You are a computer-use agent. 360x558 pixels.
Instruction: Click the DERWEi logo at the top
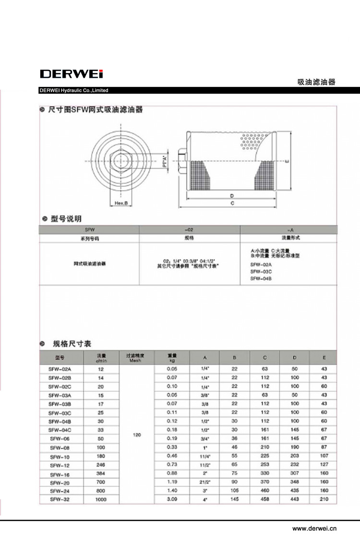click(x=72, y=74)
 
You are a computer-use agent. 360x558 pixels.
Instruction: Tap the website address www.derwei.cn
click(x=314, y=528)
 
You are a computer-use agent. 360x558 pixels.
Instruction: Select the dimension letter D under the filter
click(x=231, y=196)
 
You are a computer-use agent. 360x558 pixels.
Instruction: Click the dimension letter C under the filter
click(x=232, y=204)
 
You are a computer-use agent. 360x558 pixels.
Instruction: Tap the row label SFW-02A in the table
click(x=60, y=369)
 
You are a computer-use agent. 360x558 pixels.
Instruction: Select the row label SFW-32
click(x=60, y=499)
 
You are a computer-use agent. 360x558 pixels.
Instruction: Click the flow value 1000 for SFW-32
click(x=101, y=499)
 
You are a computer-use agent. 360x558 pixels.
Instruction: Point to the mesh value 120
click(x=137, y=435)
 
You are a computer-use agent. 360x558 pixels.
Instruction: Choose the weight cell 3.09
click(x=172, y=499)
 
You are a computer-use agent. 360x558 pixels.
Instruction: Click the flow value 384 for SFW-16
click(x=101, y=473)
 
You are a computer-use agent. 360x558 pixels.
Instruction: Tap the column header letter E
click(x=324, y=358)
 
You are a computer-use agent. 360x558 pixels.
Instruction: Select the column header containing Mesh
click(x=137, y=358)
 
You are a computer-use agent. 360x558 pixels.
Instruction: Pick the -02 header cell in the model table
click(x=189, y=230)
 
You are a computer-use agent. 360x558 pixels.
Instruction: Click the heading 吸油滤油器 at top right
click(x=316, y=82)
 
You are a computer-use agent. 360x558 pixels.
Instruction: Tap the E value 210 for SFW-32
click(x=324, y=499)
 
